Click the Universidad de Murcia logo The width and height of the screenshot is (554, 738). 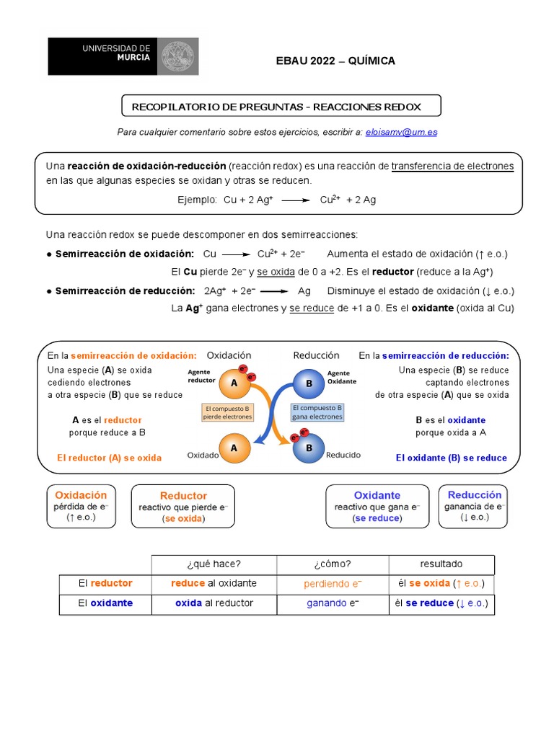click(x=123, y=56)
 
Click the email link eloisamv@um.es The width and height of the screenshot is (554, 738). click(x=401, y=132)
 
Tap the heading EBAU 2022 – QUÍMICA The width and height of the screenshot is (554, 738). click(x=336, y=61)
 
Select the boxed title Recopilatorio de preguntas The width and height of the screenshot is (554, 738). click(x=281, y=107)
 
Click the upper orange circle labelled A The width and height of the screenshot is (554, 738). click(x=234, y=384)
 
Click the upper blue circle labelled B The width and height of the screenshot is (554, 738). click(x=309, y=383)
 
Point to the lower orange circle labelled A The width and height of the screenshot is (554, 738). click(x=234, y=448)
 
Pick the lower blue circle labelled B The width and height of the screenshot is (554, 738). click(x=309, y=448)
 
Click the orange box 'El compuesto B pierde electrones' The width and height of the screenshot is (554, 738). click(x=227, y=412)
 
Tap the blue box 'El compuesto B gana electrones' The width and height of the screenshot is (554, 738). click(x=317, y=412)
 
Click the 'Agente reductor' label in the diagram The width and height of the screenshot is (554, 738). click(x=201, y=375)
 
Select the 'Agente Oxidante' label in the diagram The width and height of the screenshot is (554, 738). click(x=342, y=377)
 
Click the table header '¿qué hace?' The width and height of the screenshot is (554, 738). click(x=214, y=564)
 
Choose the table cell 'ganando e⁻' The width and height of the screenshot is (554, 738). click(x=333, y=603)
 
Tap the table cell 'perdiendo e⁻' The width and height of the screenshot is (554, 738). click(x=333, y=584)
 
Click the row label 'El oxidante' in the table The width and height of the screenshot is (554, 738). click(x=105, y=603)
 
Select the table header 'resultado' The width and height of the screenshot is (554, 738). click(x=441, y=564)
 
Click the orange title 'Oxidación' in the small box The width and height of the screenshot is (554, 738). click(x=81, y=495)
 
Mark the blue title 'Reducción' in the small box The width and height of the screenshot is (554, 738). click(x=474, y=495)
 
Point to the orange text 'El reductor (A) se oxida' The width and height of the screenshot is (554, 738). click(x=109, y=458)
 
